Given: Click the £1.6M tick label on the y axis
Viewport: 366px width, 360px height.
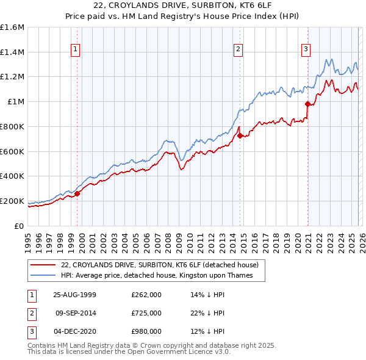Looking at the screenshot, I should [x=12, y=27].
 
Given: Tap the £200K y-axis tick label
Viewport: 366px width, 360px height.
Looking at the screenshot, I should [x=12, y=201].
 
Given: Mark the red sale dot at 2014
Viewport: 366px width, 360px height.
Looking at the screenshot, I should [x=240, y=135].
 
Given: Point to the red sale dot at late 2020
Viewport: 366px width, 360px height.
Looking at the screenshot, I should [x=308, y=104].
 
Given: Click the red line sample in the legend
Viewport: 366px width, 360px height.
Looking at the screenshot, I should [x=44, y=265].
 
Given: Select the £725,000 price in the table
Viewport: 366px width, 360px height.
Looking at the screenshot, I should [x=146, y=313].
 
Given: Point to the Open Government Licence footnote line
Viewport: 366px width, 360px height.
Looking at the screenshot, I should [x=129, y=352].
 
